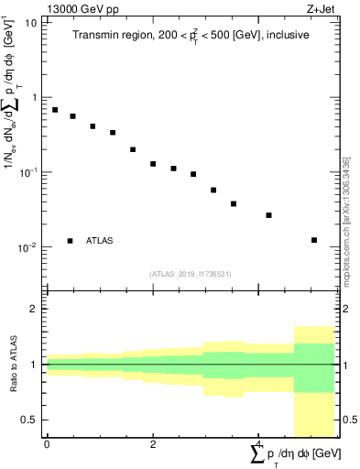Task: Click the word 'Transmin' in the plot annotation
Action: click(98, 35)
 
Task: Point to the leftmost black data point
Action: click(55, 110)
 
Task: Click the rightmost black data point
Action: click(314, 240)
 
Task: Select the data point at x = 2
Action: click(153, 164)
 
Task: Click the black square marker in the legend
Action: click(70, 241)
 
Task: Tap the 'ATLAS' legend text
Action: click(101, 241)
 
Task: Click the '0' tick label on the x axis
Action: click(47, 444)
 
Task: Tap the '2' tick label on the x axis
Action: click(153, 444)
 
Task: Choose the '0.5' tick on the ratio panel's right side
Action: click(349, 420)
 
